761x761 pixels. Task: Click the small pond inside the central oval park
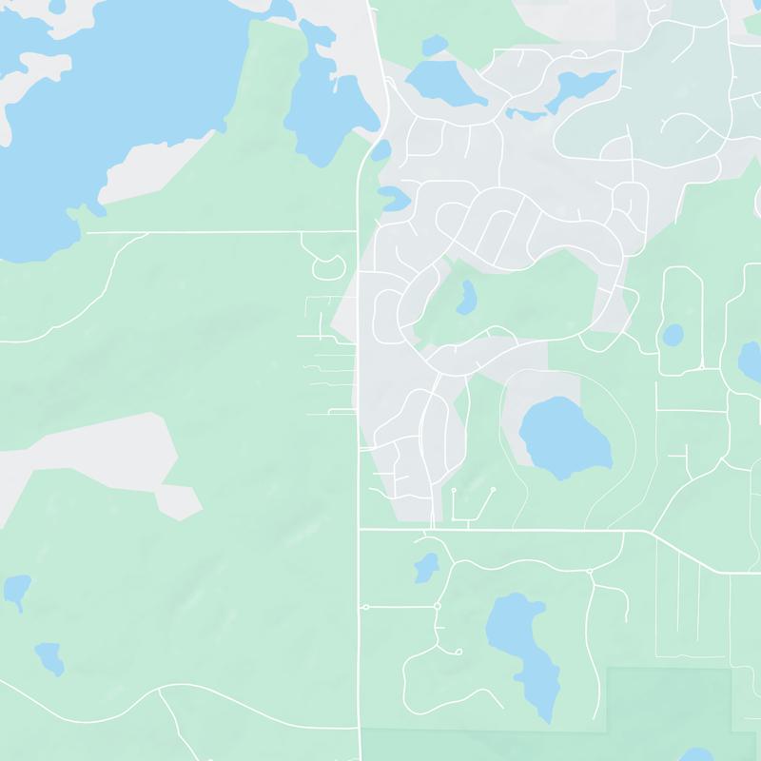(x=466, y=299)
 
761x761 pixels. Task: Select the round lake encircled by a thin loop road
(x=563, y=436)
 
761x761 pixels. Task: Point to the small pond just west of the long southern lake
(x=425, y=568)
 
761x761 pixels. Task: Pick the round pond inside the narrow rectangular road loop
(x=673, y=335)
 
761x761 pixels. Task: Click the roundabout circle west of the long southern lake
(x=437, y=606)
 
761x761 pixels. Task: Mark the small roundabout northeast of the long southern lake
(x=591, y=572)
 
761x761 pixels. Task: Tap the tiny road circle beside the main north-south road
(x=365, y=607)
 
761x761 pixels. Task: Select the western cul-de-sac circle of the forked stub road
(x=454, y=491)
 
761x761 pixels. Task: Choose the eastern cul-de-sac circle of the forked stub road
(x=493, y=489)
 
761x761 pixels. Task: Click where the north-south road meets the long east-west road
(x=359, y=528)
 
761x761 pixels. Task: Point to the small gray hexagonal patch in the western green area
(x=178, y=498)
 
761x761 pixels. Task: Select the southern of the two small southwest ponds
(x=49, y=656)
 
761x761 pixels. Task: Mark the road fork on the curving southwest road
(x=160, y=693)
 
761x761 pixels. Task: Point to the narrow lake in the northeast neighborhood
(x=580, y=86)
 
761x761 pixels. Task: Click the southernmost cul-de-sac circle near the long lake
(x=459, y=652)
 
